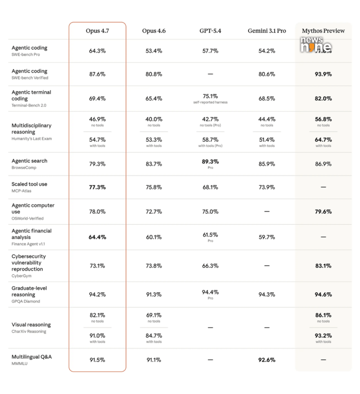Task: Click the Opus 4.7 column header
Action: (x=97, y=31)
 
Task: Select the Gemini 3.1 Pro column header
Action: (x=267, y=31)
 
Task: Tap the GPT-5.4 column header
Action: (x=210, y=31)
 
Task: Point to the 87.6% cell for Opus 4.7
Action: (x=97, y=74)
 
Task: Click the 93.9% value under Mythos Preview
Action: (x=323, y=74)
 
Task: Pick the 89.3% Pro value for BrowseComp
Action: (x=210, y=162)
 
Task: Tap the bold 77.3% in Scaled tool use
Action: (x=97, y=187)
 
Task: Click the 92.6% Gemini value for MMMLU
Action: (x=267, y=360)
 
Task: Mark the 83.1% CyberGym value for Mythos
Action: (x=323, y=265)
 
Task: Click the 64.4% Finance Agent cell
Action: (x=97, y=237)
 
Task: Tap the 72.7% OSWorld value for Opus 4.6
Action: (x=154, y=212)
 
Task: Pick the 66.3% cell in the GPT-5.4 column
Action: (x=210, y=265)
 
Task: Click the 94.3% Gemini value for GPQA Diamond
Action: (x=267, y=295)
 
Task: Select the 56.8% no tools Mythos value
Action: (x=323, y=120)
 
